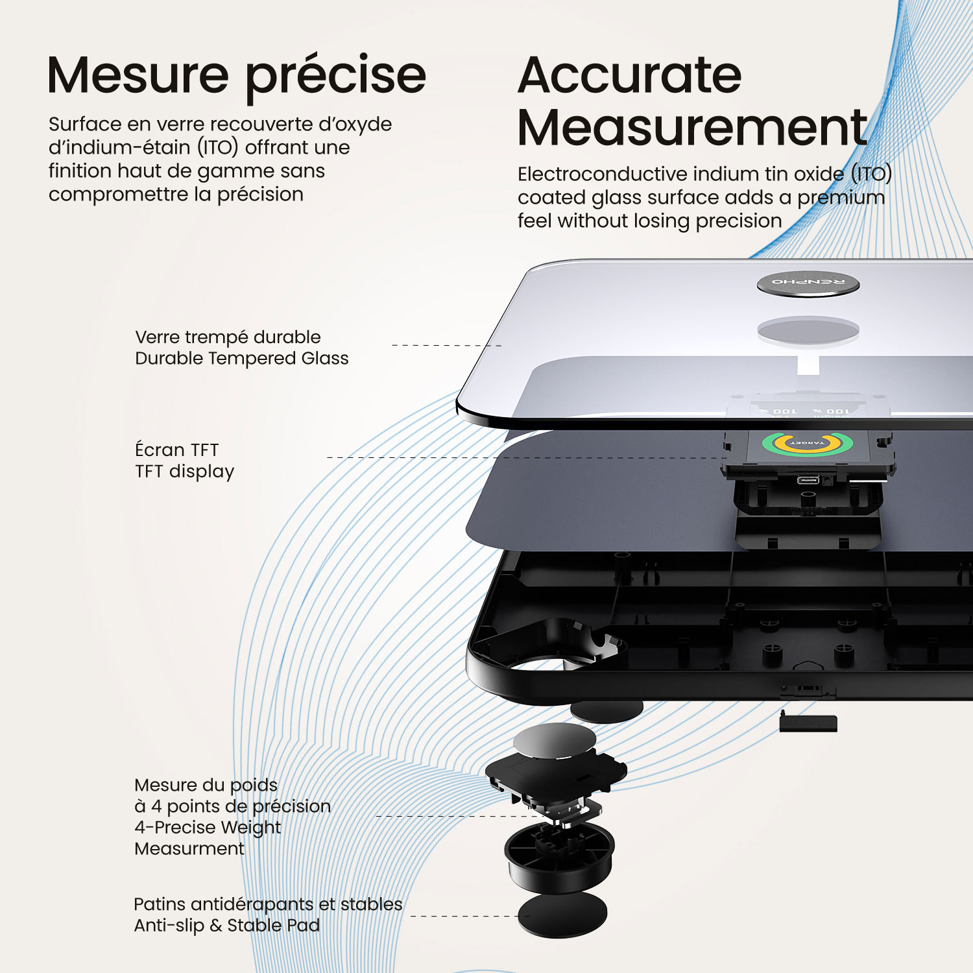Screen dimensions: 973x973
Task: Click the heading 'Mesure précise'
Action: pos(237,76)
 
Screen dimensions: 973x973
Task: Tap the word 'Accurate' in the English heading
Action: pos(629,76)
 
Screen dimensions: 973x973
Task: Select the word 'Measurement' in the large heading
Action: pos(692,128)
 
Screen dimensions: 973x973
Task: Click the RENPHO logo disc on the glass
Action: pos(808,283)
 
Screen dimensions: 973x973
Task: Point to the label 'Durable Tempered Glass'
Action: pos(241,359)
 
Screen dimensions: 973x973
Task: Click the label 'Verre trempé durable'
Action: pos(228,337)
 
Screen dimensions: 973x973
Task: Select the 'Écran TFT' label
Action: pos(176,450)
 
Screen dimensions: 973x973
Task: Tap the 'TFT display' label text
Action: pos(184,472)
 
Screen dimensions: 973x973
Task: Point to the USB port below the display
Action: pos(808,480)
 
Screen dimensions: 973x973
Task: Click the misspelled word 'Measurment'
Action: pos(189,849)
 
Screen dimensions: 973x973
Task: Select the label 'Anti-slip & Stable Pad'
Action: pos(226,926)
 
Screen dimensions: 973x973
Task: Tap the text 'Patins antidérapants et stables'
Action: pos(268,904)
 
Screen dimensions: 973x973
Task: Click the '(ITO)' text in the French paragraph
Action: pos(218,148)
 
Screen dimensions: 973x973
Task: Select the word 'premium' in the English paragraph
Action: pos(841,198)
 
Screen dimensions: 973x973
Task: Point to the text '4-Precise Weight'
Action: pos(208,828)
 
